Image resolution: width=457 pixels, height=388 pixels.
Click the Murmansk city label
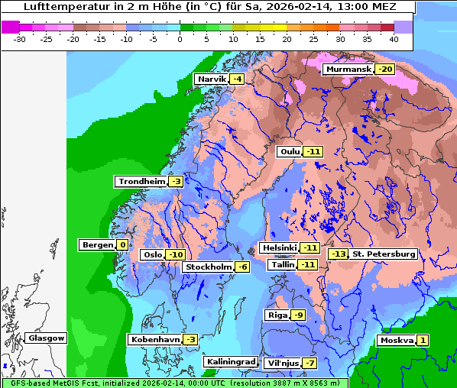(348, 70)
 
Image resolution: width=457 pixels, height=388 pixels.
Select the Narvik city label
(212, 79)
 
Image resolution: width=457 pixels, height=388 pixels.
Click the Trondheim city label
(141, 181)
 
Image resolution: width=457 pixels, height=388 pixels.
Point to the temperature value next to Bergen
(122, 245)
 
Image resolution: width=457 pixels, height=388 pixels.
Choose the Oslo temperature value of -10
(176, 254)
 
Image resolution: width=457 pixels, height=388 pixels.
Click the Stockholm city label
(208, 267)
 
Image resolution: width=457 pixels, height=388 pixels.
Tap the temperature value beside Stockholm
(241, 267)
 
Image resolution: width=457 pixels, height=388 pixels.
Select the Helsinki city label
(278, 247)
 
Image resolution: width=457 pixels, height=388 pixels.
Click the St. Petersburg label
(383, 254)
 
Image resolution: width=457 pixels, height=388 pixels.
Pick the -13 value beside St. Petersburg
(337, 254)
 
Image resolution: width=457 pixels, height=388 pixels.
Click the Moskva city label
(396, 340)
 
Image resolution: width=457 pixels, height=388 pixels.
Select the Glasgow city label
(46, 338)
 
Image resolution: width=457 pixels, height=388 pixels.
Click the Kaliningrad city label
(229, 361)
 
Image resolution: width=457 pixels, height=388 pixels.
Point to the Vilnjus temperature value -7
(309, 363)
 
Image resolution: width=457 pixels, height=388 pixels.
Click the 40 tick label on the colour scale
(393, 39)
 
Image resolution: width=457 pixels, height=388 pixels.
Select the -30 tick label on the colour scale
(20, 39)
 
